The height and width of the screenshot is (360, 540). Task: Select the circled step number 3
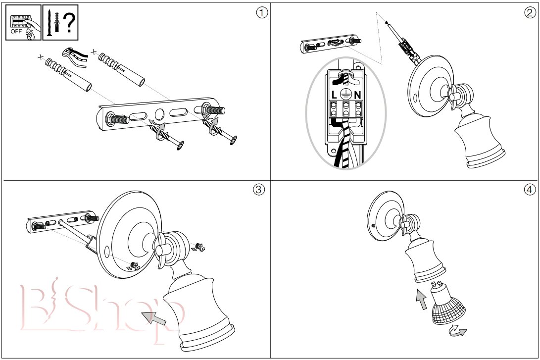[258, 190]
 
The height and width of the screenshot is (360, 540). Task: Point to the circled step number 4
[530, 190]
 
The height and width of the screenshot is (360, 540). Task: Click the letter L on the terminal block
[335, 94]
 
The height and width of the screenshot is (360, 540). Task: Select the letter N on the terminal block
[357, 94]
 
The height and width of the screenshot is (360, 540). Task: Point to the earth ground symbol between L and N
[346, 93]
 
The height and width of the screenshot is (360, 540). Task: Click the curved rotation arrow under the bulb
[458, 331]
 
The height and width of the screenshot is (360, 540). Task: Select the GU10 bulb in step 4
[445, 305]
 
